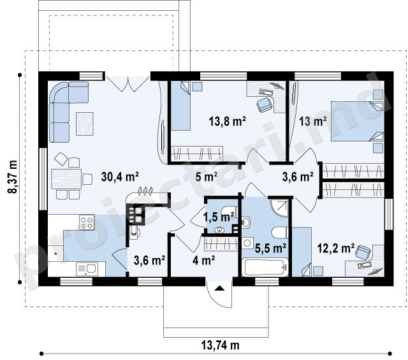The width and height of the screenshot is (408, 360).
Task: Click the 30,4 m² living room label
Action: coord(120,177)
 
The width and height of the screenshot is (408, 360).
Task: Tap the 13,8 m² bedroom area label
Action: coord(228,121)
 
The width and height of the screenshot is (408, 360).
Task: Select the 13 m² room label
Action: coord(313,121)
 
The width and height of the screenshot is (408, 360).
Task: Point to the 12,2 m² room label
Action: coord(336,248)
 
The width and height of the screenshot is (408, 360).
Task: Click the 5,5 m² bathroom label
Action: coord(270,248)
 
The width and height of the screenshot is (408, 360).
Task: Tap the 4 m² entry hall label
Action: coord(204,260)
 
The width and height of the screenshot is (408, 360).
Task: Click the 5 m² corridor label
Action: coord(207,177)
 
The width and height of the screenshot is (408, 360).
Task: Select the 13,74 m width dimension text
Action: coord(220,345)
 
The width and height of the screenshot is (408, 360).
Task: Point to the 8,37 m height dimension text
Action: coord(12,177)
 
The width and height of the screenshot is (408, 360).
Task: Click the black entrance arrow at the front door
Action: coord(219,288)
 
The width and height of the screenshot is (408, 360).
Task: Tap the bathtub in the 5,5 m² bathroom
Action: coord(265,267)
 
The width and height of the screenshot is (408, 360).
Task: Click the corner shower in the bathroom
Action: coord(279,208)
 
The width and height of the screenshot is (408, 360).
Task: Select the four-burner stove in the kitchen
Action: coord(87,222)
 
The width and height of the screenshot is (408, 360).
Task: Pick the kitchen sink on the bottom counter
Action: coord(87,269)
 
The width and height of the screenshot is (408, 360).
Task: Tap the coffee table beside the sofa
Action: coord(85,124)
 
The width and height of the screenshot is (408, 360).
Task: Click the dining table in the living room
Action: coord(66,179)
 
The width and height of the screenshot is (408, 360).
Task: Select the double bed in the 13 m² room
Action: coord(357,122)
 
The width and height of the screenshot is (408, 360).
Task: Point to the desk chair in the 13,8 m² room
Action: coord(264,105)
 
